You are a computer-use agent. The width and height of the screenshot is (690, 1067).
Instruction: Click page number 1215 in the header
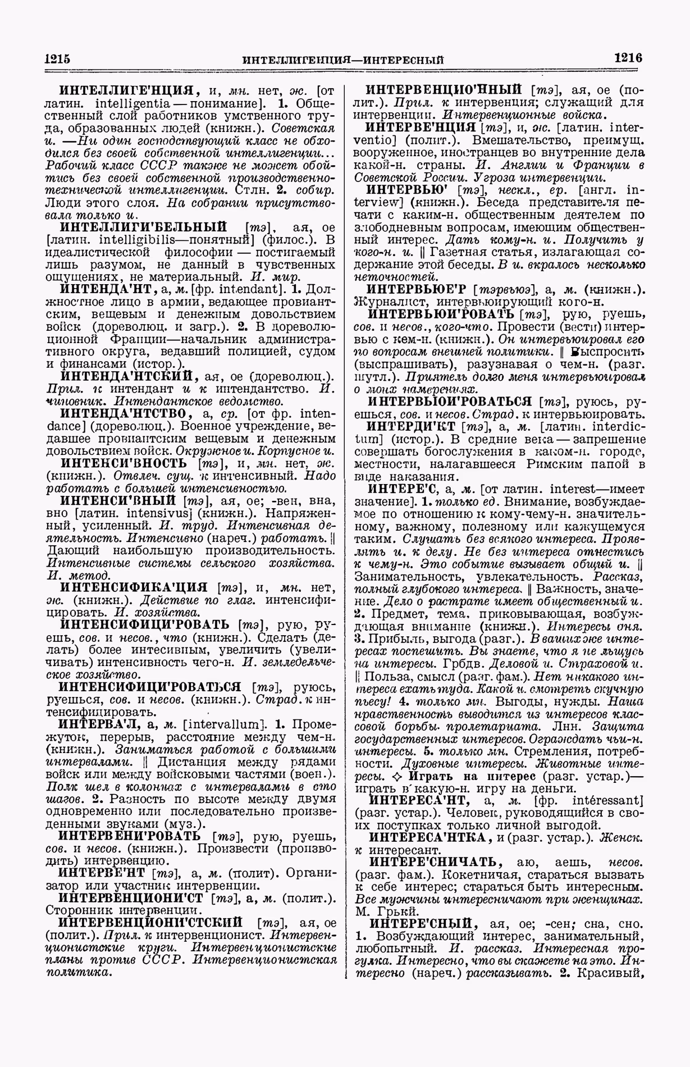(56, 58)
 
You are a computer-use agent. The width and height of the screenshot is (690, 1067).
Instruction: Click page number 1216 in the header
(628, 57)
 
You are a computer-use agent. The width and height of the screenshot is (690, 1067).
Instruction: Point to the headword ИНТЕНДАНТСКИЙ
(127, 376)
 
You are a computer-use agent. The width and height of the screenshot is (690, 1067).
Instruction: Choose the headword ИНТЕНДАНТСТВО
(127, 413)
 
